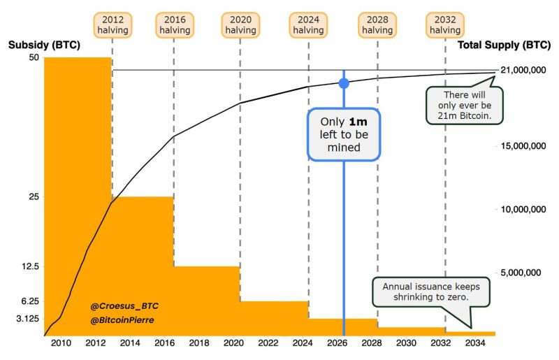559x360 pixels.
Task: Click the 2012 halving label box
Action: pos(112,25)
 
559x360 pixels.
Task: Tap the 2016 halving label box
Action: pos(175,25)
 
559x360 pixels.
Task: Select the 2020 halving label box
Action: pos(240,25)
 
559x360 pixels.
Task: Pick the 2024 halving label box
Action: pos(308,25)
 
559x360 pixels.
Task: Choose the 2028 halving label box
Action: pos(377,25)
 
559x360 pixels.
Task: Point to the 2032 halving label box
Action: pos(445,25)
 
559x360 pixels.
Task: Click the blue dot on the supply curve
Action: pos(344,83)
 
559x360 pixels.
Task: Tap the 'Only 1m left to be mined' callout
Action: pos(344,134)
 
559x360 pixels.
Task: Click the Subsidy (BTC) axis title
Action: pos(44,45)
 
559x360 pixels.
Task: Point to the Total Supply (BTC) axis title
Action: pos(503,45)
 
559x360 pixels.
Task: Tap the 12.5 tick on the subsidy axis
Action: pos(29,266)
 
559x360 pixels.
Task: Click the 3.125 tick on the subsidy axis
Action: pos(27,318)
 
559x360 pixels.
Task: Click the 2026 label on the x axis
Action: pos(337,344)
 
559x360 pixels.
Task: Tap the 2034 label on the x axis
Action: pos(475,344)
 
